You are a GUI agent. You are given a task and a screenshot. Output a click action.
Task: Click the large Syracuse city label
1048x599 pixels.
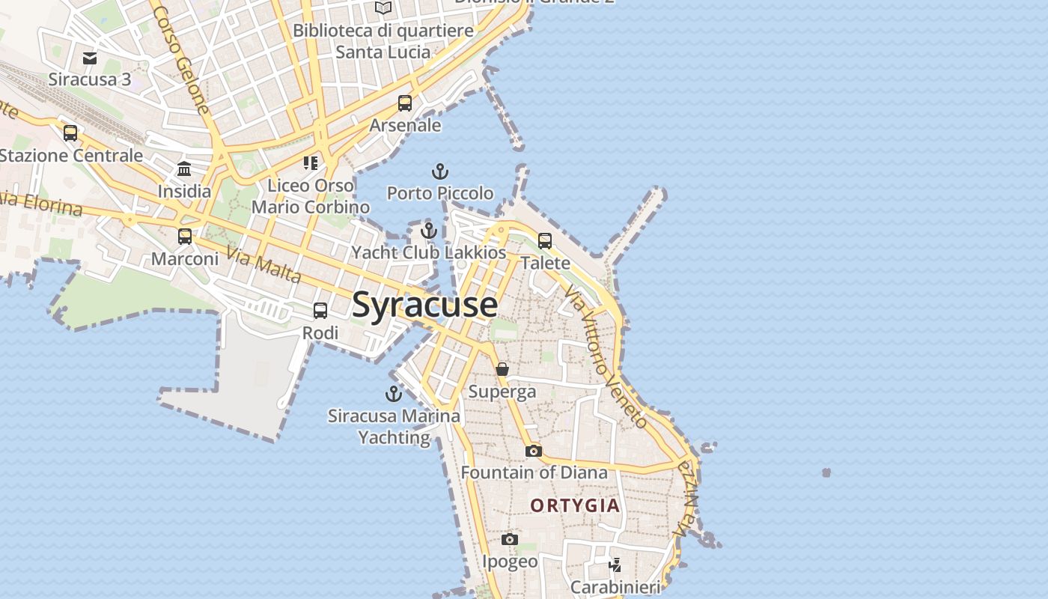point(424,305)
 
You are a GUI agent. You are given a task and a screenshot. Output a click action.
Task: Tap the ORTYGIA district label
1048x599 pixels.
point(575,505)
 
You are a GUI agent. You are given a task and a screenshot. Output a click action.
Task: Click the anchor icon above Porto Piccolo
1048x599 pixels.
point(440,171)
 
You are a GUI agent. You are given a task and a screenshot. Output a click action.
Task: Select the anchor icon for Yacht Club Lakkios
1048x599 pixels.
point(428,231)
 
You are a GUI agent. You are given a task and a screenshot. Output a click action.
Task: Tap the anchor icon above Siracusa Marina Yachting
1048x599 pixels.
point(394,393)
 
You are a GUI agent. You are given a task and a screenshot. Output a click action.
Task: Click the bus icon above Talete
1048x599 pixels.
point(545,241)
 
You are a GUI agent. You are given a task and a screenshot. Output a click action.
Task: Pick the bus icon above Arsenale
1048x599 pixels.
point(405,103)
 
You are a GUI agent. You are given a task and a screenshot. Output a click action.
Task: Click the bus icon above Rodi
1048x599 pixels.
point(320,311)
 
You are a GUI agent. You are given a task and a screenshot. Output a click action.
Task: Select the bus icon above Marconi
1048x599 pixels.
point(185,237)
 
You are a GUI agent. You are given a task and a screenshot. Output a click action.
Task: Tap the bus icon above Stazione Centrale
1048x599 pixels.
point(70,133)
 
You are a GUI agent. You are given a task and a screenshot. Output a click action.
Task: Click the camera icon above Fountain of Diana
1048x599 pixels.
point(533,451)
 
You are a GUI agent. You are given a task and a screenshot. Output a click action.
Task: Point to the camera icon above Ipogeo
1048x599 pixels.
point(509,539)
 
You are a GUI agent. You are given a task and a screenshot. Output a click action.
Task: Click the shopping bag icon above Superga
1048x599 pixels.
point(502,369)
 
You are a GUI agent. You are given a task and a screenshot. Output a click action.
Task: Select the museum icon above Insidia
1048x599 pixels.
point(184,169)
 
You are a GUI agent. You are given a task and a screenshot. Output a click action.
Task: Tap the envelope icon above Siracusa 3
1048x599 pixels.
point(90,58)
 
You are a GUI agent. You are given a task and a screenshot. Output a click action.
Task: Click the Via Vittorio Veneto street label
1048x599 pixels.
point(606,355)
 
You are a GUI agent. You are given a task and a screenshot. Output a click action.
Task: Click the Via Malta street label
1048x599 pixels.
point(263,266)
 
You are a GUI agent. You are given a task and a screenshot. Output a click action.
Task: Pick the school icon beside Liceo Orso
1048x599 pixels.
point(311,162)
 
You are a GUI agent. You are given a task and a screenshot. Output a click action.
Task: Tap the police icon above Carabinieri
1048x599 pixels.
point(615,565)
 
